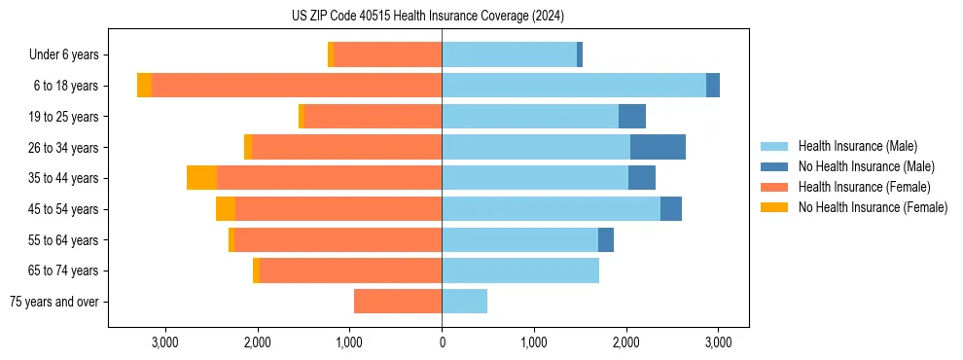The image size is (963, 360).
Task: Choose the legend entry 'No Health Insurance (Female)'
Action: tap(873, 207)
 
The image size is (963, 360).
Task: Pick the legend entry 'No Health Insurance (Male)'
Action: tap(866, 166)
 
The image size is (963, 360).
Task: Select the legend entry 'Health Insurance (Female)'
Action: tap(865, 187)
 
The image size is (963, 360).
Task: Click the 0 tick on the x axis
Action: tap(442, 342)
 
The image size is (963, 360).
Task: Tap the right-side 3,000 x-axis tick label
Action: tap(718, 342)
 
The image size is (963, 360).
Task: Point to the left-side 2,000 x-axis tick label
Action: tap(258, 342)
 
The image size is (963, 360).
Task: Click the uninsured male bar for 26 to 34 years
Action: tap(658, 147)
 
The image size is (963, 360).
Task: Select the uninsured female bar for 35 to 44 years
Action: tap(201, 178)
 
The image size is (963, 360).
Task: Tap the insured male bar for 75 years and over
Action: tap(464, 302)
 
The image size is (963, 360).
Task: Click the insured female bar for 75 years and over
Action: tap(398, 302)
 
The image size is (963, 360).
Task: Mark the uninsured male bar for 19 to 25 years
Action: tap(632, 117)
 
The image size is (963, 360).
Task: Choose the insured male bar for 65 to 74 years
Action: tap(520, 270)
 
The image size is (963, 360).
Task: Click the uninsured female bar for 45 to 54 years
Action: tap(226, 209)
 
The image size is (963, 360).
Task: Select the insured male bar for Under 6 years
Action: tap(509, 55)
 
